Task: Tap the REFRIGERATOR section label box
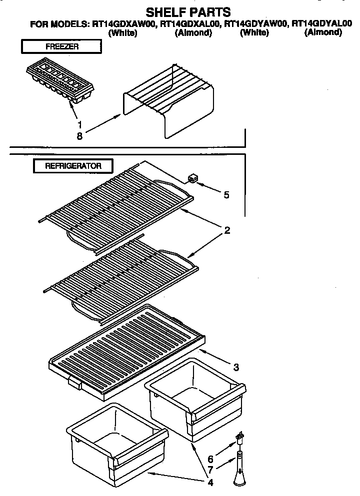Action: pos(73,166)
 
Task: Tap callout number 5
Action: pos(226,195)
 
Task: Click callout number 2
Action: pos(226,230)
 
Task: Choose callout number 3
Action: pos(236,368)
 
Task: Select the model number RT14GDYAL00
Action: pos(322,23)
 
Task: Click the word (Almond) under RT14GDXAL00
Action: pos(193,33)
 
